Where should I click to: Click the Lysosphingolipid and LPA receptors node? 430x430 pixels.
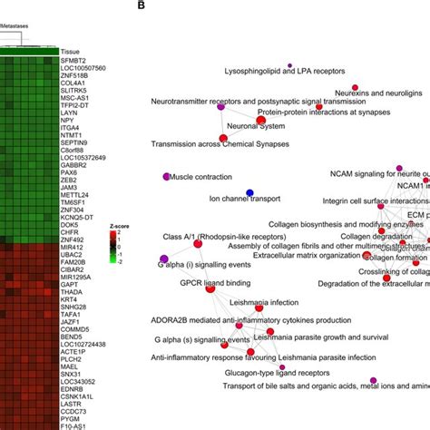click(x=289, y=66)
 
